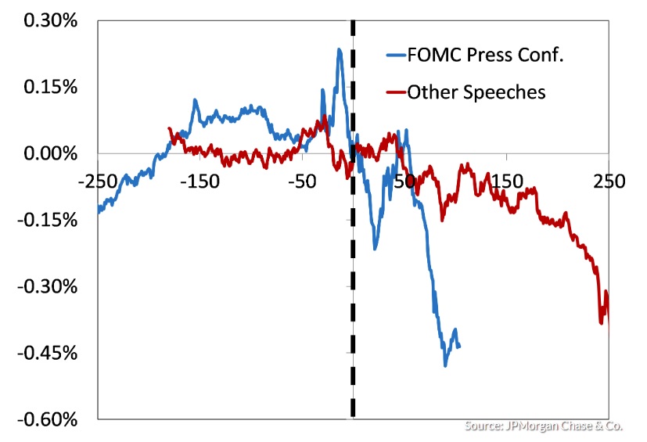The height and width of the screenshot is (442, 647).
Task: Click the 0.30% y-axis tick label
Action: (50, 21)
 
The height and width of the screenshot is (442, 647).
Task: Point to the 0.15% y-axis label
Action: (50, 87)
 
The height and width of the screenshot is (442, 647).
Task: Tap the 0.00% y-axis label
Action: (50, 153)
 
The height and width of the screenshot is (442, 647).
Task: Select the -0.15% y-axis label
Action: (48, 220)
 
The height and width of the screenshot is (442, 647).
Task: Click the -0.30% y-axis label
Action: (48, 286)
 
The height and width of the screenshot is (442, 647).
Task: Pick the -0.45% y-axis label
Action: (48, 353)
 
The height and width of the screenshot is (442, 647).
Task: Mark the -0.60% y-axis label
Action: (48, 419)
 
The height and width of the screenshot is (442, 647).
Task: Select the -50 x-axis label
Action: (302, 181)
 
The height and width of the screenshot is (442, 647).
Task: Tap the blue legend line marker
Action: (395, 56)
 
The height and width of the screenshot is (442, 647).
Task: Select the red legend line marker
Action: (395, 93)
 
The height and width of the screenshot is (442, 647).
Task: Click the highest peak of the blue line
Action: (339, 49)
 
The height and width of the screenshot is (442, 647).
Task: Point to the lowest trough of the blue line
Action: (446, 365)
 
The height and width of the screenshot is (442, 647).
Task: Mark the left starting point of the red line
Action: (169, 128)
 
